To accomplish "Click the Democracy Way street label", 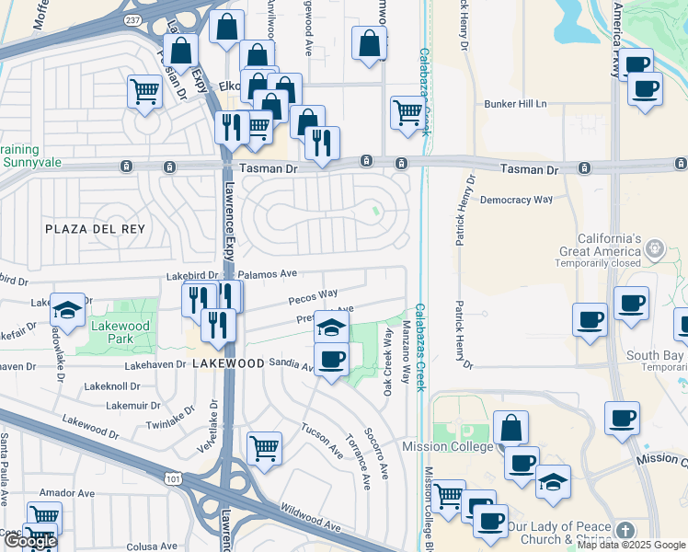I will coord(516,199).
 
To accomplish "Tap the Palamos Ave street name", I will coord(267,274).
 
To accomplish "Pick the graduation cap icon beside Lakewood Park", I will coord(67,310).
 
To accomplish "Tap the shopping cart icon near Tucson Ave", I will coord(264,448).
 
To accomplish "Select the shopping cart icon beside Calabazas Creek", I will coord(407,112).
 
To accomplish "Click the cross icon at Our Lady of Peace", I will coord(625,530).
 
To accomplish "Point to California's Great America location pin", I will coord(654,247).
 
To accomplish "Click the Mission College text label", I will coord(444,446).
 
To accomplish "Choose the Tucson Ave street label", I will coord(323,442).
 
